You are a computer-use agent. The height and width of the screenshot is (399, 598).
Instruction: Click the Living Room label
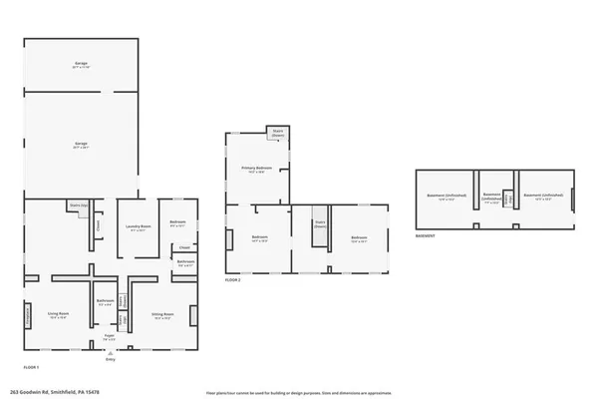58,315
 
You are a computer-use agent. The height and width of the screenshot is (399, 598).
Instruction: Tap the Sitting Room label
162,315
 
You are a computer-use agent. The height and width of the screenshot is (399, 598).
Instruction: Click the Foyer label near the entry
110,338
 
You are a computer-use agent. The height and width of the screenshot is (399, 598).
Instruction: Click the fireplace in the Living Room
28,315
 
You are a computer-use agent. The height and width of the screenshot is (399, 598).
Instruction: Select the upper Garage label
81,65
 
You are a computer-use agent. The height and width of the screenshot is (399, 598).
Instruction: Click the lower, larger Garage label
81,146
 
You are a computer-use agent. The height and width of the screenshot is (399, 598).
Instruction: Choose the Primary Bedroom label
257,170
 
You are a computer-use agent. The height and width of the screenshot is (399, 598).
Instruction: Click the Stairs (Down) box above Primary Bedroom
277,133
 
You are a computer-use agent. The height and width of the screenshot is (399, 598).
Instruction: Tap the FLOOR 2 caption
233,280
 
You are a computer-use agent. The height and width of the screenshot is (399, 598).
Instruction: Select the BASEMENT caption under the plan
428,236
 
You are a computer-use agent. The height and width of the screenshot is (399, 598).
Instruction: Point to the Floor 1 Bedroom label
178,223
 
